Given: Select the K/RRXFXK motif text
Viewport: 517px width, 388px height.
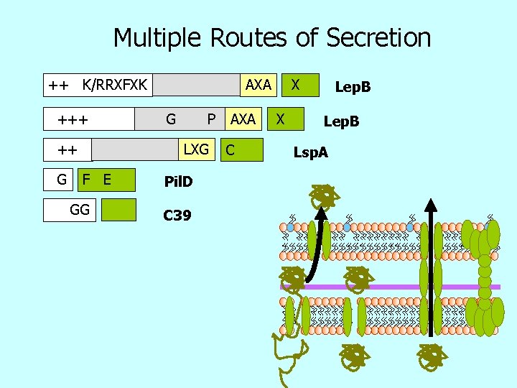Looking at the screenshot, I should coord(114,86).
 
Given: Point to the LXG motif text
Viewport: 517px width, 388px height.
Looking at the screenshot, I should coord(196,149).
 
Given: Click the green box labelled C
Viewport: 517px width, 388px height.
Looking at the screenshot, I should coord(243,150).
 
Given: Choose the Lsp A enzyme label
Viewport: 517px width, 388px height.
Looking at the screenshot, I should coord(311,152).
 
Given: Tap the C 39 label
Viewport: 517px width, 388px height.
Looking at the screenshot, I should coord(177,214).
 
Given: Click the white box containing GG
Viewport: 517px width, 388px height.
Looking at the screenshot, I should coord(70,209).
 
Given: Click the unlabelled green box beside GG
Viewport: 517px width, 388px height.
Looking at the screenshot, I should coord(118,209).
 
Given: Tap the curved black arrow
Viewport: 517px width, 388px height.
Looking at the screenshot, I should coord(315,244).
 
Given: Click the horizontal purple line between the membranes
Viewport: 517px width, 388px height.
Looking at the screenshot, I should coord(388,287).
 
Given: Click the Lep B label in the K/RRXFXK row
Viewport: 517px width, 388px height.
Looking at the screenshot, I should coord(353,88).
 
